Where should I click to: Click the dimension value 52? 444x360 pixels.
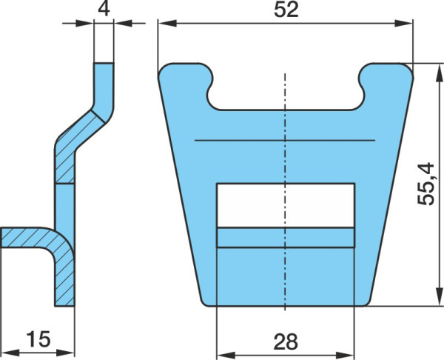(x=286, y=10)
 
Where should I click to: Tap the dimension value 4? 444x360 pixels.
(x=104, y=9)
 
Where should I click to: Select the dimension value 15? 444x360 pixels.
(x=38, y=339)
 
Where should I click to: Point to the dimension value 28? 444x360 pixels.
(x=286, y=341)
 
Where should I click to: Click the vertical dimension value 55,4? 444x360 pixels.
(x=426, y=184)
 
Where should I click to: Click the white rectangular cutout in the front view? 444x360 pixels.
(x=286, y=205)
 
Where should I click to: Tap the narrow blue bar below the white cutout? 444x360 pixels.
(x=286, y=238)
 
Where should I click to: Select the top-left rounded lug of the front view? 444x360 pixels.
(x=186, y=74)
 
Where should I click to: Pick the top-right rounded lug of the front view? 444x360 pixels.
(x=386, y=74)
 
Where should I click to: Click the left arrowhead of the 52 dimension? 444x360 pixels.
(x=167, y=23)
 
